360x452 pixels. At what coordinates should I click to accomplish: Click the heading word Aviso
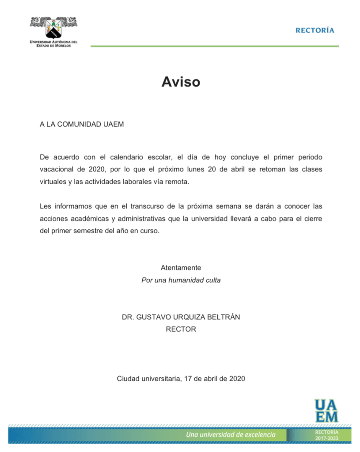[x=180, y=82]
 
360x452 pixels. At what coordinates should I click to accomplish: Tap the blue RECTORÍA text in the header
[x=315, y=30]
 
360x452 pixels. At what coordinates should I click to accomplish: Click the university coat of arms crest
[x=53, y=28]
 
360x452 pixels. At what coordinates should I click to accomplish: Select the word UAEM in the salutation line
[x=114, y=124]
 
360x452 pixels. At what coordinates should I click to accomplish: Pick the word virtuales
[x=53, y=182]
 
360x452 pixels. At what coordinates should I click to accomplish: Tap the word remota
[x=175, y=182]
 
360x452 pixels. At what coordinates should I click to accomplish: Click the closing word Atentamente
[x=181, y=267]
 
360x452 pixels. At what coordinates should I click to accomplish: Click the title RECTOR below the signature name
[x=181, y=329]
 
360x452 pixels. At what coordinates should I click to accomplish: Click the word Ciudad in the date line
[x=127, y=379]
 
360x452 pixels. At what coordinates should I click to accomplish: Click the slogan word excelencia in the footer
[x=257, y=434]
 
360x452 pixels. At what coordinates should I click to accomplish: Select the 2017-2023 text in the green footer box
[x=327, y=438]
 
